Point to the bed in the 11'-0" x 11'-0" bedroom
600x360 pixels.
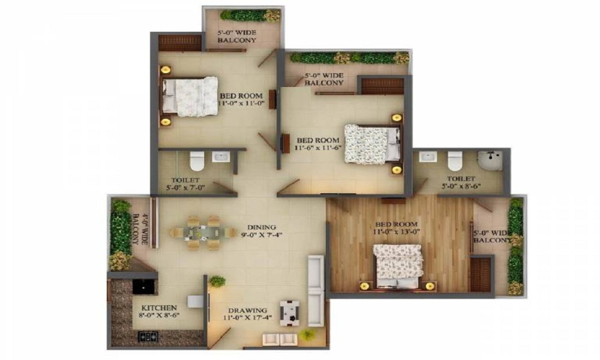point(191,96)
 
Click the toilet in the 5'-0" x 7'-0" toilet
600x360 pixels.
point(196,161)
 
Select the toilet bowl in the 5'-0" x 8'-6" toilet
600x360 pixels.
point(455,160)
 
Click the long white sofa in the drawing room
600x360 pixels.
point(316,290)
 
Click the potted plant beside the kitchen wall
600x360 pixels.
point(218,281)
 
